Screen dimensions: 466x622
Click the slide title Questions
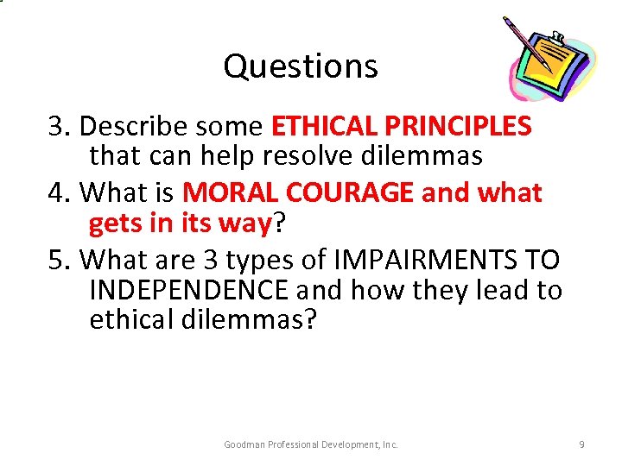300,66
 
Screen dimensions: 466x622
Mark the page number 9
581,444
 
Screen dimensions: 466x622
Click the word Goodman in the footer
244,444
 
